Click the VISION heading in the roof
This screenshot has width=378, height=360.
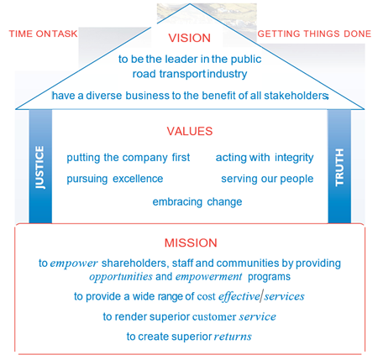pos(189,38)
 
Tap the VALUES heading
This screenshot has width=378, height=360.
pos(190,131)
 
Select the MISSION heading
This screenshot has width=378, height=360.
pos(191,243)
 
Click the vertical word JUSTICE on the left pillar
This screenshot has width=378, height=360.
pos(39,167)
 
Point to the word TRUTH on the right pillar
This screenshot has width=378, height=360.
pos(339,167)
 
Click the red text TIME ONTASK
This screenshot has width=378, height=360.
pos(43,34)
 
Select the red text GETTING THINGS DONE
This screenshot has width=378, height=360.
pos(314,34)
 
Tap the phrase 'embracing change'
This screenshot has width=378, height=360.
pos(197,202)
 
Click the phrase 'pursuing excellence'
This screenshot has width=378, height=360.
pos(115,179)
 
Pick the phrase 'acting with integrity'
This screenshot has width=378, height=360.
pos(265,158)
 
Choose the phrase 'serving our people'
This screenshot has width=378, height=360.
pos(267,179)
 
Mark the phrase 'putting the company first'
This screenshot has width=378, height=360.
pos(129,158)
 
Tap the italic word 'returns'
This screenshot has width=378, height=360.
pos(233,337)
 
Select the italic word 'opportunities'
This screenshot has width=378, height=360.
pos(121,277)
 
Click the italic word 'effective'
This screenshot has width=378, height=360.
pos(239,296)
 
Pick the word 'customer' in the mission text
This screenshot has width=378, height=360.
pos(214,317)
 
